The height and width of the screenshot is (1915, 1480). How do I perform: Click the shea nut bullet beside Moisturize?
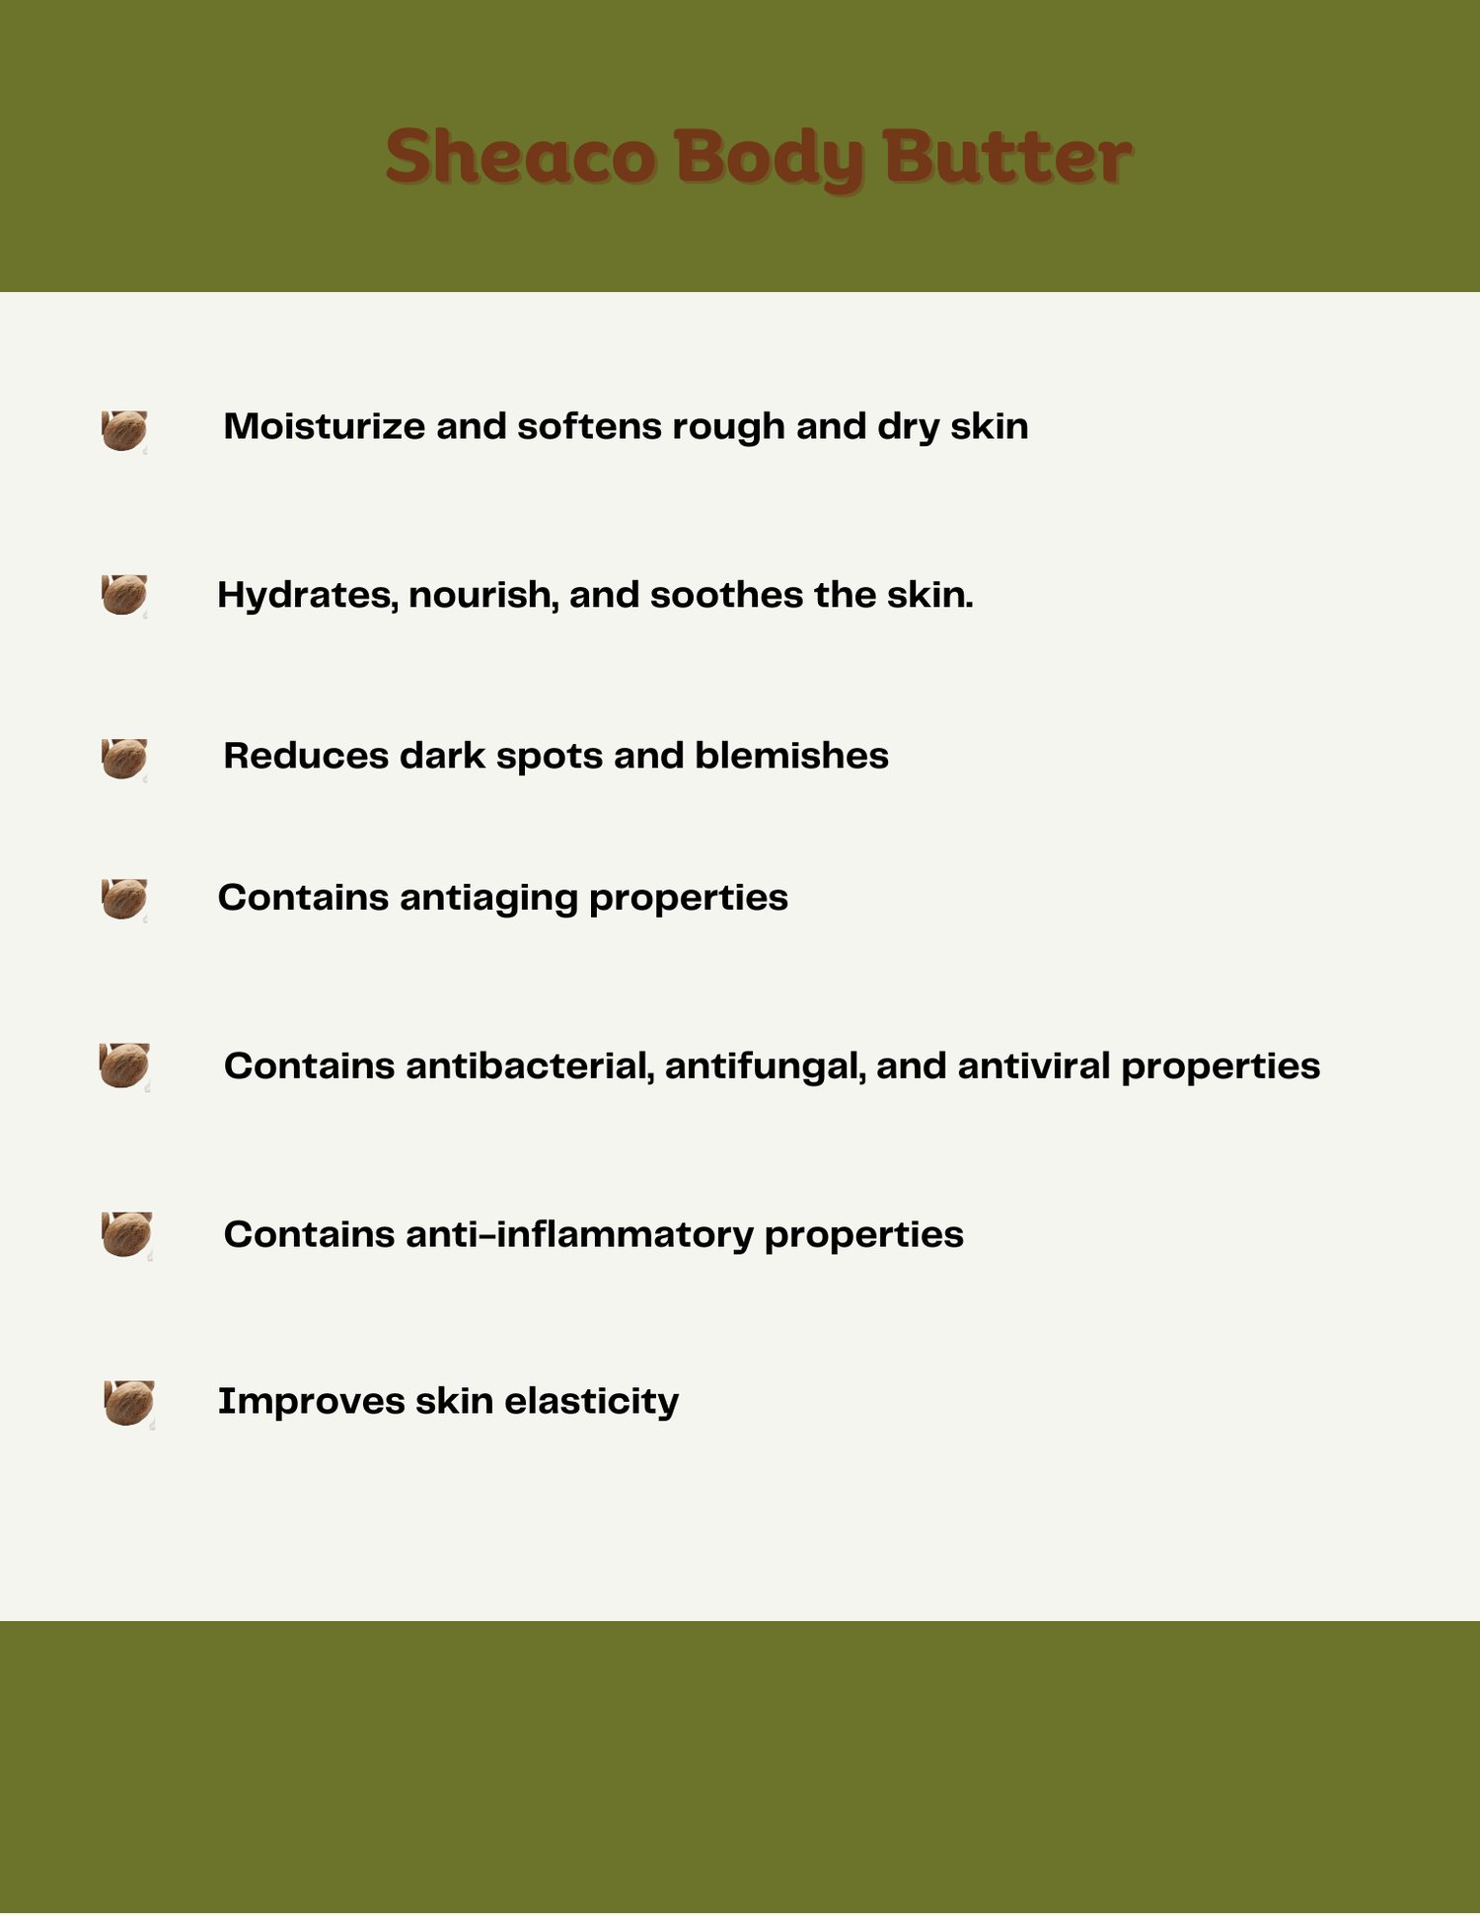point(124,431)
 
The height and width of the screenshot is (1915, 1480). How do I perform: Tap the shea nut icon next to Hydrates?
point(124,596)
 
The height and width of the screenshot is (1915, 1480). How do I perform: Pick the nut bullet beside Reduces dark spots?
point(124,759)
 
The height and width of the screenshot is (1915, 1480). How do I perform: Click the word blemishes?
point(791,756)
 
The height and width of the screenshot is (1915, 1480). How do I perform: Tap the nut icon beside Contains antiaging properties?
point(124,900)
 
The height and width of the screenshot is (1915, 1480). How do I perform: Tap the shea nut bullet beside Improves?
point(129,1404)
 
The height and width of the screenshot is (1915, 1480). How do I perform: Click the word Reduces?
point(306,756)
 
